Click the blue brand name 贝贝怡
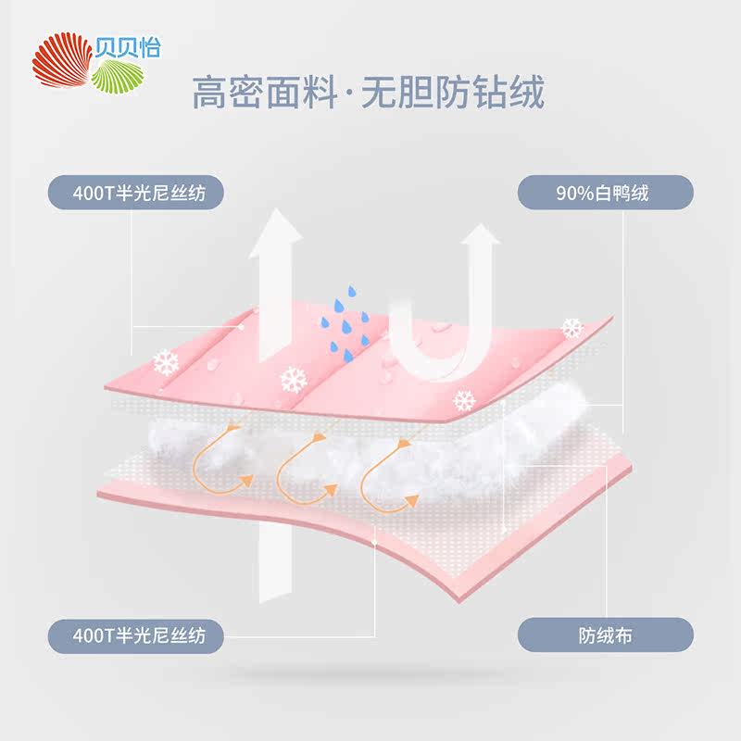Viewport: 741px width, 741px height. [128, 46]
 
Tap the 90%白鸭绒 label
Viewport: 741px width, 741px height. [603, 194]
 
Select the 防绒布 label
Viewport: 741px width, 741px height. [603, 636]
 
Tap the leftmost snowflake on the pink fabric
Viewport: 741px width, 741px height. [166, 361]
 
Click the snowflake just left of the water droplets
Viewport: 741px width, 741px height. [294, 378]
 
